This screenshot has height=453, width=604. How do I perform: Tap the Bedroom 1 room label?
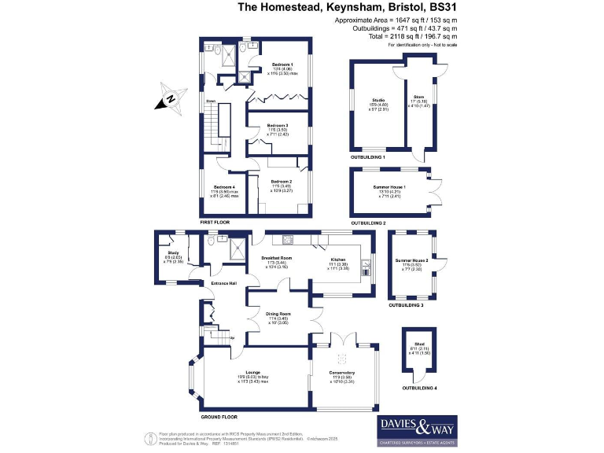(282, 64)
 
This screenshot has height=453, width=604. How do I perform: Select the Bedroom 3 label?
(277, 126)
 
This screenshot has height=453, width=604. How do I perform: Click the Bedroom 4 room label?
(219, 186)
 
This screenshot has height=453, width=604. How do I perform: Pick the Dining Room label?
(280, 314)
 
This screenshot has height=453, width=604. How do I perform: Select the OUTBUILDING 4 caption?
(421, 388)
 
